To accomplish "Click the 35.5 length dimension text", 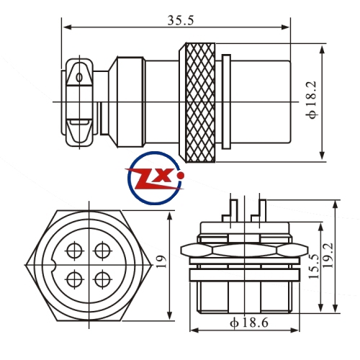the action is pyautogui.click(x=181, y=20).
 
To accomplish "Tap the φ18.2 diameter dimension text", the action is pyautogui.click(x=312, y=100).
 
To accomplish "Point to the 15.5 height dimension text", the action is pyautogui.click(x=314, y=266).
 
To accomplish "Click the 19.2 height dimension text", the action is pyautogui.click(x=328, y=256).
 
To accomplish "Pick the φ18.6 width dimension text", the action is pyautogui.click(x=249, y=323).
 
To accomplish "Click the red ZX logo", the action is pyautogui.click(x=155, y=179).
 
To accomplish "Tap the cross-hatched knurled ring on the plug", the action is pyautogui.click(x=200, y=102).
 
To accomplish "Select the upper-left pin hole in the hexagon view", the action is pyautogui.click(x=74, y=251).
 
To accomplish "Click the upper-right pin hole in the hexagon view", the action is pyautogui.click(x=103, y=251).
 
